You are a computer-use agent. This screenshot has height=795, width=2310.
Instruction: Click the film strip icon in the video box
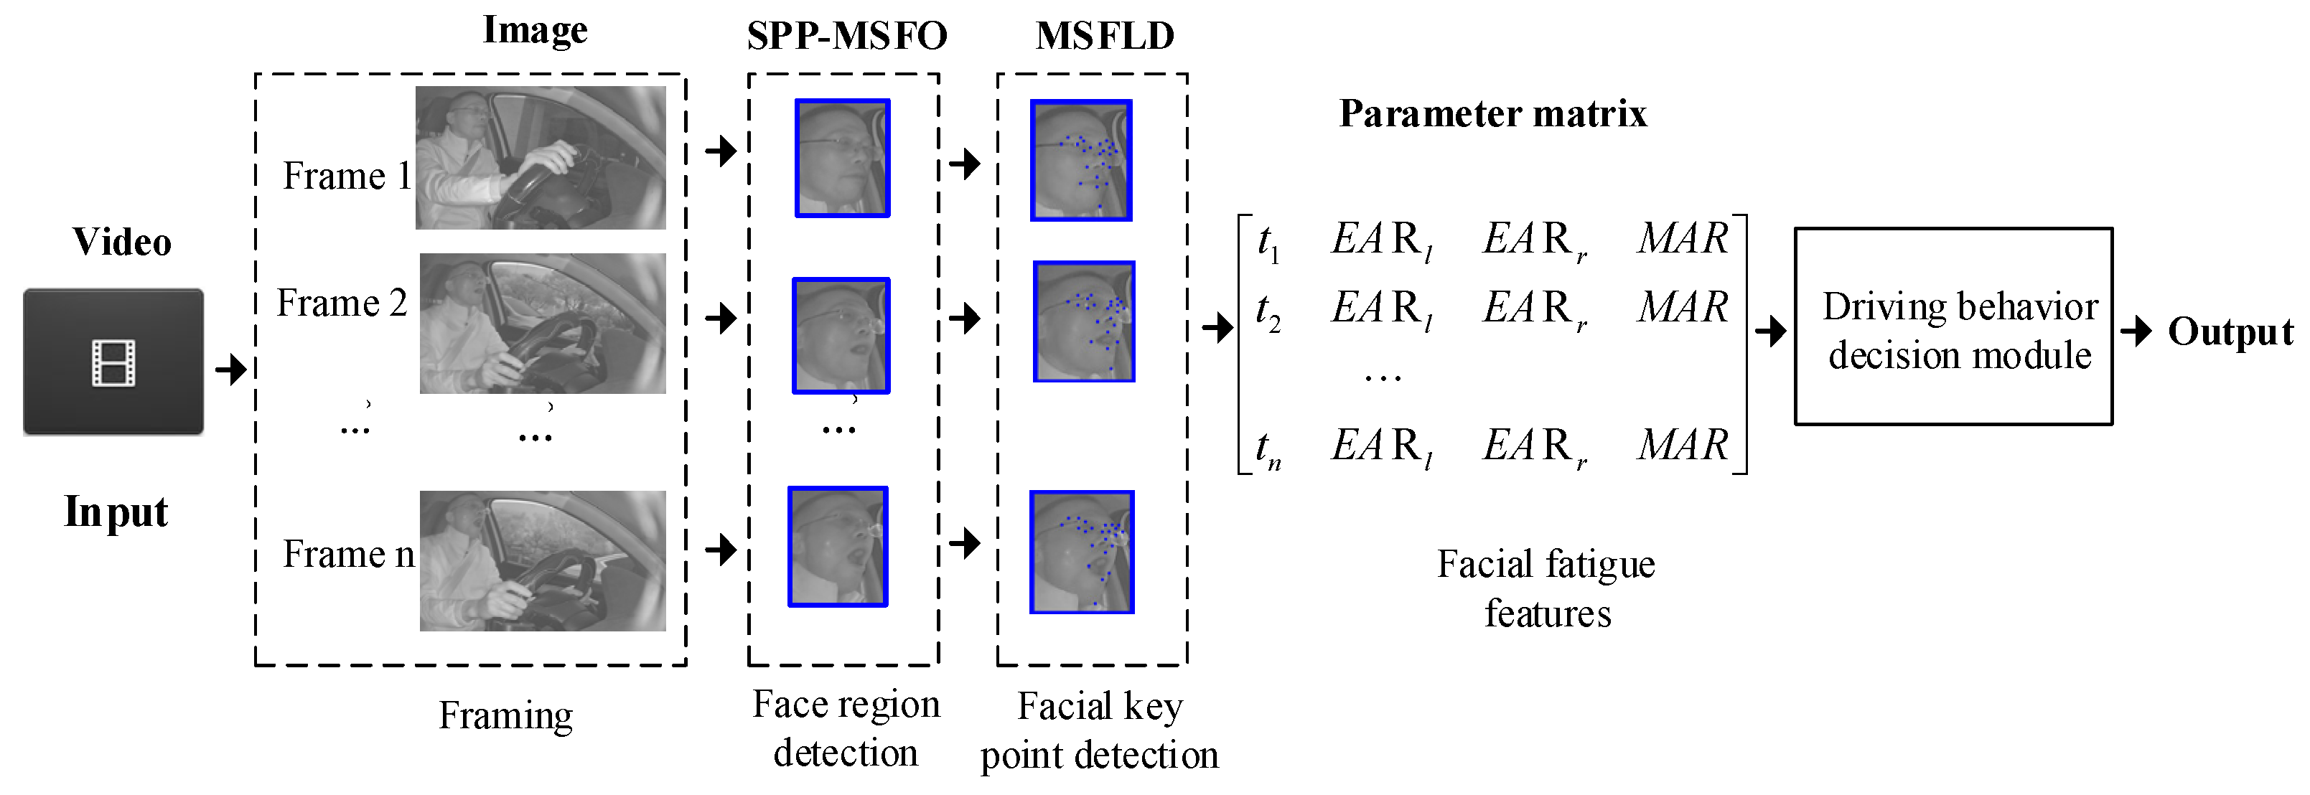click(113, 363)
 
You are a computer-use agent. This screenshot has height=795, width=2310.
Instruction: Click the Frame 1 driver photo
click(541, 158)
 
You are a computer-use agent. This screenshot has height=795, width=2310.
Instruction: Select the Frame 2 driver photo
click(543, 324)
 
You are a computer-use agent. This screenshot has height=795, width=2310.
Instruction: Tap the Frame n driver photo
click(543, 560)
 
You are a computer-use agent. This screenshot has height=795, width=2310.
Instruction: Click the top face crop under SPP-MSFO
click(842, 159)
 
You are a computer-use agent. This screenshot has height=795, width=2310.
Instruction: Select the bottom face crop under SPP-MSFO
click(838, 547)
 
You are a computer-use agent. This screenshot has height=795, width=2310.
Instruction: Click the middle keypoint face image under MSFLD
click(1083, 321)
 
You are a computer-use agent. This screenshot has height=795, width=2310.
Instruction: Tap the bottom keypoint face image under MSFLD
click(1082, 552)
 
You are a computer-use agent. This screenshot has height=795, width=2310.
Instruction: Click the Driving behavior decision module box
click(1953, 327)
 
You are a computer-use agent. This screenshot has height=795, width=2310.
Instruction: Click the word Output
click(2230, 332)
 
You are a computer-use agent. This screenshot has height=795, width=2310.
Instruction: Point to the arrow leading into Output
click(2137, 331)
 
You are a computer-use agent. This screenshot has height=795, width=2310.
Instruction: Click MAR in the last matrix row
click(1683, 446)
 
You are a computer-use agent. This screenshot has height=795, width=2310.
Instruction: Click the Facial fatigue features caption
click(1546, 589)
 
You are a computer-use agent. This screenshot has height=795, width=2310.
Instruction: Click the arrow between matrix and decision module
click(1770, 331)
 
